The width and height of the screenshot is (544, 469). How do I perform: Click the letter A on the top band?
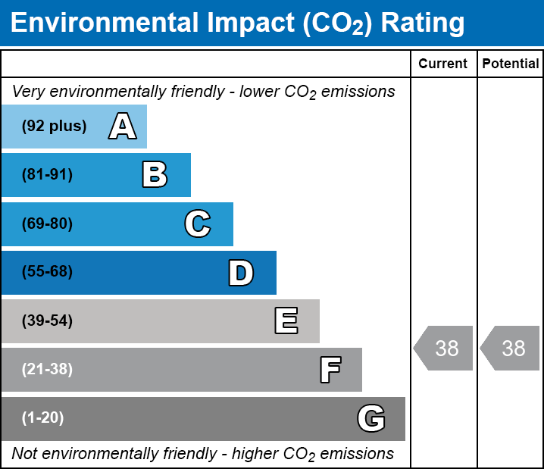click(123, 126)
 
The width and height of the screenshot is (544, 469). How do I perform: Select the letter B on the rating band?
click(155, 174)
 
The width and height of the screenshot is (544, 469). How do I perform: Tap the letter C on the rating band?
click(198, 224)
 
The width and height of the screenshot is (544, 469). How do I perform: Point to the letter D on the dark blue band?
click(241, 273)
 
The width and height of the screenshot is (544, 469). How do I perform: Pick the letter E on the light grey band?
click(286, 320)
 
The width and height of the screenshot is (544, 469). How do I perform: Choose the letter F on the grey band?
click(330, 370)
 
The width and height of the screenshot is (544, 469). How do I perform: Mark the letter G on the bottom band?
click(371, 418)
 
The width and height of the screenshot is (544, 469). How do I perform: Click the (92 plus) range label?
click(54, 126)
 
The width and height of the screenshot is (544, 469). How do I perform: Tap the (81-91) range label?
click(47, 174)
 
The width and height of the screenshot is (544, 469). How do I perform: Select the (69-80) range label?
click(47, 224)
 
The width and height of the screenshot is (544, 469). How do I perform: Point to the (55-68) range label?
click(47, 271)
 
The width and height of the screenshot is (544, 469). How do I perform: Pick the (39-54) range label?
click(47, 321)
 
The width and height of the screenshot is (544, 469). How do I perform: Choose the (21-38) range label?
click(47, 370)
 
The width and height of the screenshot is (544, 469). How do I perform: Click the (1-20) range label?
click(42, 418)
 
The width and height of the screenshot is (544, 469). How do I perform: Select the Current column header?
click(442, 64)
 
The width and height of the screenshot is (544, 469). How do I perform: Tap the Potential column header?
click(511, 64)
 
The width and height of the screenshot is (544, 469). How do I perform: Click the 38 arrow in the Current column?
click(443, 348)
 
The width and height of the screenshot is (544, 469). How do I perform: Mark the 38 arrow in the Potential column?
click(510, 348)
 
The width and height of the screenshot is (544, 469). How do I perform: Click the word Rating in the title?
click(423, 23)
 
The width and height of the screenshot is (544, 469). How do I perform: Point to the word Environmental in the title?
click(104, 22)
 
